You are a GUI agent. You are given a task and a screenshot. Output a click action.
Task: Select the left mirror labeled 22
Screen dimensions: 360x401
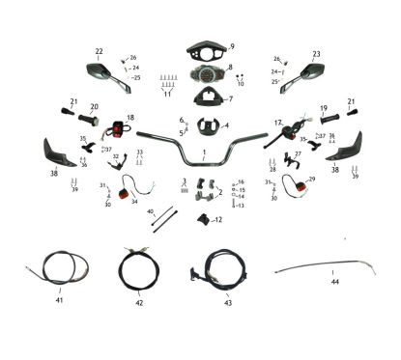click(102, 69)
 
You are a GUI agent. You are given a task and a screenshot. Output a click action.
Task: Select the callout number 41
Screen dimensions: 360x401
click(59, 302)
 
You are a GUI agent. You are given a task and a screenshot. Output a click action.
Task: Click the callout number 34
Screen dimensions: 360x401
click(134, 202)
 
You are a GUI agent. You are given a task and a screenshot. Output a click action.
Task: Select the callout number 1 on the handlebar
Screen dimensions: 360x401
click(204, 152)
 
